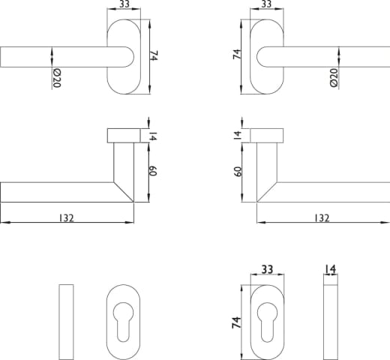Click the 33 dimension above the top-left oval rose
(124, 4)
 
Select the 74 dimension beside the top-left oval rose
(154, 55)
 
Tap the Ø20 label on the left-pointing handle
(57, 79)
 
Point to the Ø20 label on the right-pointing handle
(334, 78)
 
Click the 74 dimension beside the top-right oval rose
(237, 54)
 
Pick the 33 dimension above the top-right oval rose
(266, 4)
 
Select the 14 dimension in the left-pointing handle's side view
(152, 136)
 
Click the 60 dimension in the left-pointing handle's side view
(152, 171)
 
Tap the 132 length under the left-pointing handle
(67, 218)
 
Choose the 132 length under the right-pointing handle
(322, 218)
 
